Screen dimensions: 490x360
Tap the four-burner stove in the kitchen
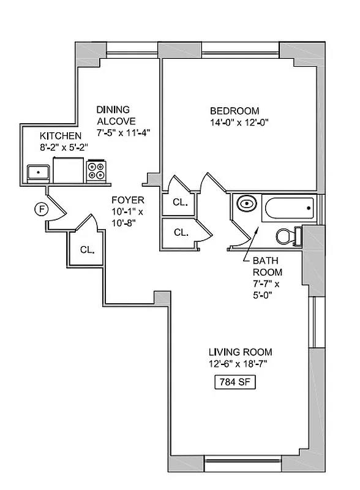tap(96, 170)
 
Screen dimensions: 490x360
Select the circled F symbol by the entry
tap(42, 209)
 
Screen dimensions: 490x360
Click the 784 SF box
tap(233, 382)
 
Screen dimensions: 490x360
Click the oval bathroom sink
tap(246, 204)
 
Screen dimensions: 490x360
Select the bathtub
tap(288, 209)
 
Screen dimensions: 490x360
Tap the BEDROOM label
tap(234, 111)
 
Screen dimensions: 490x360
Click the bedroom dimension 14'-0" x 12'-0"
tap(239, 122)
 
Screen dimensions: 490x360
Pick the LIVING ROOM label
tap(240, 352)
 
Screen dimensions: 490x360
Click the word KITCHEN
tap(60, 135)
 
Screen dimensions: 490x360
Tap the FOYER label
tap(127, 200)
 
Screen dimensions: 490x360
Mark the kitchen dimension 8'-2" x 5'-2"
tap(64, 146)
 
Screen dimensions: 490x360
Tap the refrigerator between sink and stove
tap(67, 170)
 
